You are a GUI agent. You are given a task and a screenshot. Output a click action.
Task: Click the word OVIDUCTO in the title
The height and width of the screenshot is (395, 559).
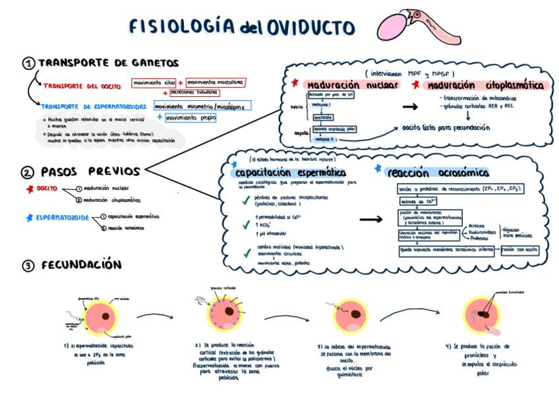click(x=310, y=27)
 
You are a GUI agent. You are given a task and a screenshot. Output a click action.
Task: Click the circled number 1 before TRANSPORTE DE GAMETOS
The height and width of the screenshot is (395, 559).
click(x=28, y=63)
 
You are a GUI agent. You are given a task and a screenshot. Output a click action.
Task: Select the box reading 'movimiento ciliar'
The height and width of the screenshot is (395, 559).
click(x=153, y=83)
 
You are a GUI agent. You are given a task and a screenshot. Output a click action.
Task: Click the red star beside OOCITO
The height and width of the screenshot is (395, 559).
click(x=28, y=189)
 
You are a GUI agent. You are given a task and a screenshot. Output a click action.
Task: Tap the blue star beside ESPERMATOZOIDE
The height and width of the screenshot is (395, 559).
click(x=28, y=217)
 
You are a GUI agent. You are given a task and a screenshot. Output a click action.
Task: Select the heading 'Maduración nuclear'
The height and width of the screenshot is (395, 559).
click(x=352, y=86)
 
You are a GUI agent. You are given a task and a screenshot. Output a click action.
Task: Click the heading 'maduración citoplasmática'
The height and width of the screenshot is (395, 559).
click(x=486, y=86)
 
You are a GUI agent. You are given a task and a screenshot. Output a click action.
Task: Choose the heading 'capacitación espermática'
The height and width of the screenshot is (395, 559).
click(x=291, y=172)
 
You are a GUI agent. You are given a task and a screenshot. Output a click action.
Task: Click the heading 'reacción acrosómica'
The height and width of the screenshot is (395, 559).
click(x=438, y=173)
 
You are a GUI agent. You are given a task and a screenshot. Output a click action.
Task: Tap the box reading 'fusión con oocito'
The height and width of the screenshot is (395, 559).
click(x=520, y=250)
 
